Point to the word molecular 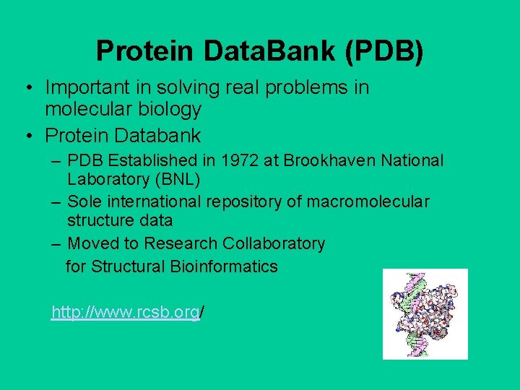[x=86, y=110]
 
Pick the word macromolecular [x=368, y=201]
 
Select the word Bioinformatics [x=224, y=266]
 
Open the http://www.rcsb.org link [x=125, y=312]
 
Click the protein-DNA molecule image [x=425, y=313]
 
